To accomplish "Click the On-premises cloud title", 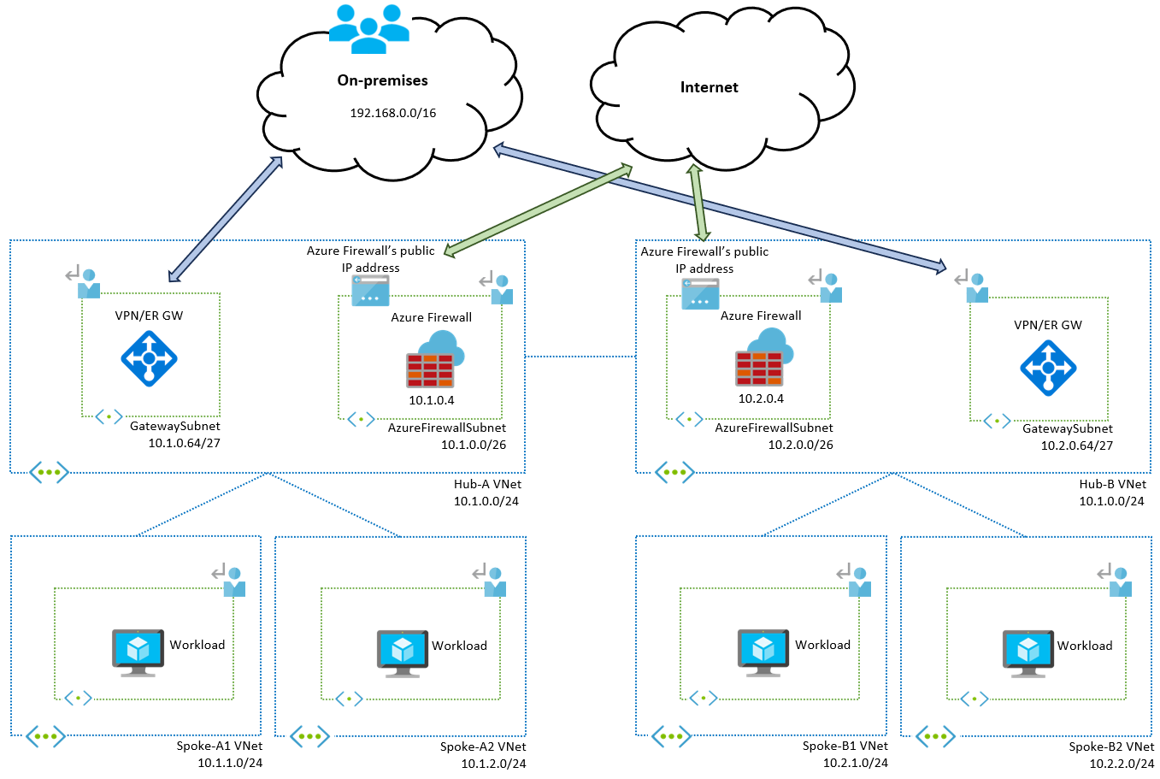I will (382, 80).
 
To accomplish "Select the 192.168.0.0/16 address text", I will (392, 113).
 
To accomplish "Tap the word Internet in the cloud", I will (709, 87).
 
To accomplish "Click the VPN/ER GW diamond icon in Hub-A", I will (149, 359).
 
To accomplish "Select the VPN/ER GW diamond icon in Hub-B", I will (1047, 368).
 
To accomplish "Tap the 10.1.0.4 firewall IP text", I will (431, 400).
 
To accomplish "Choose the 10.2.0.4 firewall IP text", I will (761, 398).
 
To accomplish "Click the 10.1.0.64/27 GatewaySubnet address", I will (184, 443).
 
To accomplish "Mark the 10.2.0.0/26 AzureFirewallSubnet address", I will (800, 445).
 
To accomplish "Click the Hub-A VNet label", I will (487, 484).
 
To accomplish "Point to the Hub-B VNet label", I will (1112, 484).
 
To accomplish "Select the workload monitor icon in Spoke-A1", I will (138, 652).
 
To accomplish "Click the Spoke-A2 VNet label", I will (483, 747).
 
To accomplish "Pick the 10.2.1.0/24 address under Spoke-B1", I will (855, 763).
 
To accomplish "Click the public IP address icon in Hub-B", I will (700, 294).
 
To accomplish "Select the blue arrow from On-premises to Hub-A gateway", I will (226, 219).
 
